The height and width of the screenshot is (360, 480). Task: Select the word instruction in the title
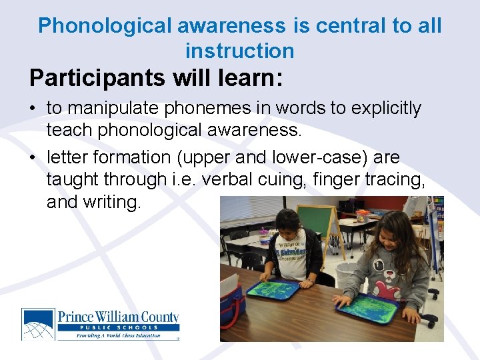pos(239,51)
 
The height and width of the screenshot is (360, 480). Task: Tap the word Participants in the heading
pos(97,78)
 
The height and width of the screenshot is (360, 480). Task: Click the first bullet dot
pos(34,108)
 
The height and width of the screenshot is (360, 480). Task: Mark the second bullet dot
pos(34,157)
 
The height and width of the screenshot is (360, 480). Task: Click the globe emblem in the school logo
pos(38,324)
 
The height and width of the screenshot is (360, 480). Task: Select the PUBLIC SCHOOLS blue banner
pos(117,327)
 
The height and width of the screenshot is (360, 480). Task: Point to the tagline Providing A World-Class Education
pos(109,335)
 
